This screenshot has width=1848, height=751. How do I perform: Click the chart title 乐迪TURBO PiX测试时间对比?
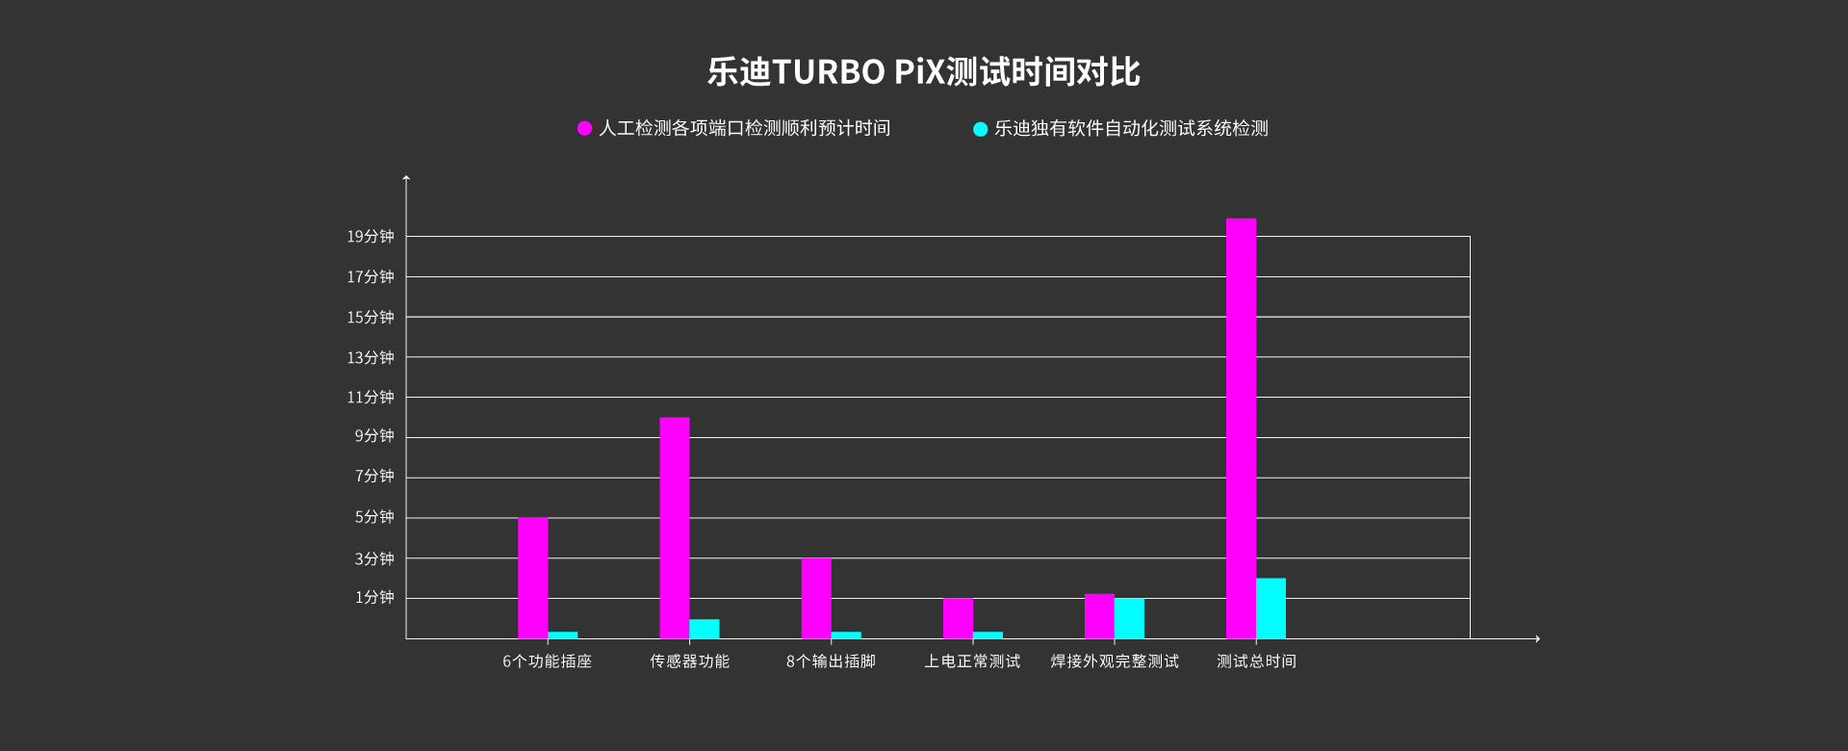924,72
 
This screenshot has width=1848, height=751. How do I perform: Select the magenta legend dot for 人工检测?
584,128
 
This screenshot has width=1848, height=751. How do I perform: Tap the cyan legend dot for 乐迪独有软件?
980,129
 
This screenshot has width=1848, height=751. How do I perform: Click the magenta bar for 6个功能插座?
532,578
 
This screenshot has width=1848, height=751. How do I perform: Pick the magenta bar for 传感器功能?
675,528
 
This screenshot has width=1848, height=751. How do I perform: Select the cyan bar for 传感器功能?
705,629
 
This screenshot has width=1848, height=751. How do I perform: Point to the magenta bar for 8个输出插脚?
816,598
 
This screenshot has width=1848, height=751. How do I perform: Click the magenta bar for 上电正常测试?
958,618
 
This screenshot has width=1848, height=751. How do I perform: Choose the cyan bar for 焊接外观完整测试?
1129,618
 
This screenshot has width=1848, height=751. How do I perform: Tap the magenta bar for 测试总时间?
1241,428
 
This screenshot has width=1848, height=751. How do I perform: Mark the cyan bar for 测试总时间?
1270,609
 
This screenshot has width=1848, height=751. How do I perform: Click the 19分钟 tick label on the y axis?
371,236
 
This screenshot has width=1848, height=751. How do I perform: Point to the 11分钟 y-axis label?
371,397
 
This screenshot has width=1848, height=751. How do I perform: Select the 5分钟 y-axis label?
374,517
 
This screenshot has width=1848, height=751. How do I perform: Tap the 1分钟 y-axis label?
374,597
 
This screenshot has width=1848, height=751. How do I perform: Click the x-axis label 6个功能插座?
547,661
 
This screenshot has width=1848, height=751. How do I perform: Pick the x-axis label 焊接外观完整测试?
1115,661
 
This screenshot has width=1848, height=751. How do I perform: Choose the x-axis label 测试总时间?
1256,661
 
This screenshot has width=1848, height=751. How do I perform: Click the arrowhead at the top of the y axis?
406,176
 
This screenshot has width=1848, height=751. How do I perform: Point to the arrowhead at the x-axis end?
1538,638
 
